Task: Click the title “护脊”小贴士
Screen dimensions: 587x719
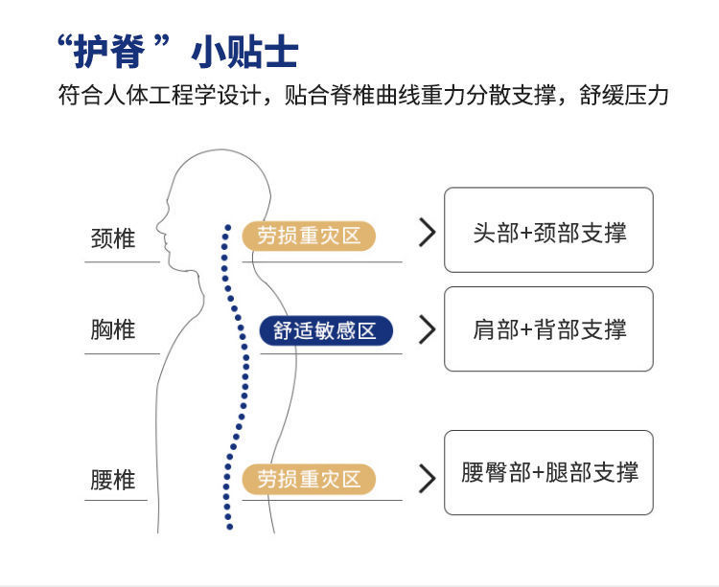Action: pyautogui.click(x=177, y=52)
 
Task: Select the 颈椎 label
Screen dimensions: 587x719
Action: pyautogui.click(x=113, y=238)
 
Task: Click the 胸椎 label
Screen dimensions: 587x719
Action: pyautogui.click(x=113, y=330)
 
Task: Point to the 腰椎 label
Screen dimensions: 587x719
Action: pyautogui.click(x=113, y=479)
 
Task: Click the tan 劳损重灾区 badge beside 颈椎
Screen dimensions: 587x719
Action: pyautogui.click(x=309, y=236)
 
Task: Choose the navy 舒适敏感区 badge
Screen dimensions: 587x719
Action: pyautogui.click(x=326, y=331)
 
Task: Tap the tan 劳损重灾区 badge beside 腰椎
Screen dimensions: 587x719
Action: pyautogui.click(x=309, y=479)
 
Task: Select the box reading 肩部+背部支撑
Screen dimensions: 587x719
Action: pyautogui.click(x=548, y=329)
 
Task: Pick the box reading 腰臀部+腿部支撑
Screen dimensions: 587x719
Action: pyautogui.click(x=548, y=472)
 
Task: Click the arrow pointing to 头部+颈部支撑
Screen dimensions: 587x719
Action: pyautogui.click(x=428, y=232)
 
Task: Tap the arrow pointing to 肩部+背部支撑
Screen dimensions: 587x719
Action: pyautogui.click(x=428, y=329)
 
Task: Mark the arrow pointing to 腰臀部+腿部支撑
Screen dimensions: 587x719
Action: pyautogui.click(x=428, y=477)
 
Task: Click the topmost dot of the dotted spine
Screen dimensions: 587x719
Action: pyautogui.click(x=227, y=228)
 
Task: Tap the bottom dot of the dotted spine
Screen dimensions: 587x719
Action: pyautogui.click(x=228, y=527)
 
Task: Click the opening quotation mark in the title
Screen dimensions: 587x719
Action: pyautogui.click(x=65, y=43)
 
